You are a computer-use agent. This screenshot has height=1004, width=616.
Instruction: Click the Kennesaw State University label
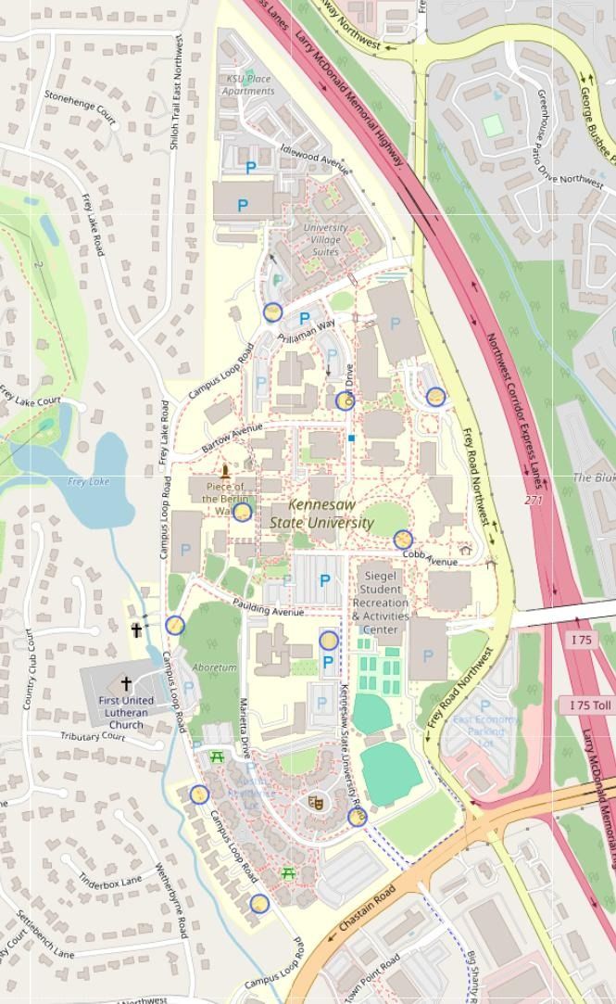pos(321,514)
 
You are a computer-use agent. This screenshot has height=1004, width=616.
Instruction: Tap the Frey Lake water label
pos(88,481)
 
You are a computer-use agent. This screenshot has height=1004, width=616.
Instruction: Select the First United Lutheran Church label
pos(126,712)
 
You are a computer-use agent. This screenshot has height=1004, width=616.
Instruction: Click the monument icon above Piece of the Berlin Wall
pos(224,470)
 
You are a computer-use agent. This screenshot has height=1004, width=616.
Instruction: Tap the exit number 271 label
pos(534,500)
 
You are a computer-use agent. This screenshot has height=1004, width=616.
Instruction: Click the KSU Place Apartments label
pos(248,85)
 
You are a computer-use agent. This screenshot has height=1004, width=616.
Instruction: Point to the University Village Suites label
pos(326,239)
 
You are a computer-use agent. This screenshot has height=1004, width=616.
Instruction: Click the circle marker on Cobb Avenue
pos(402,540)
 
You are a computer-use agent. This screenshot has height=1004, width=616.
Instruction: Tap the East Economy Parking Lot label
pos(485,731)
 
